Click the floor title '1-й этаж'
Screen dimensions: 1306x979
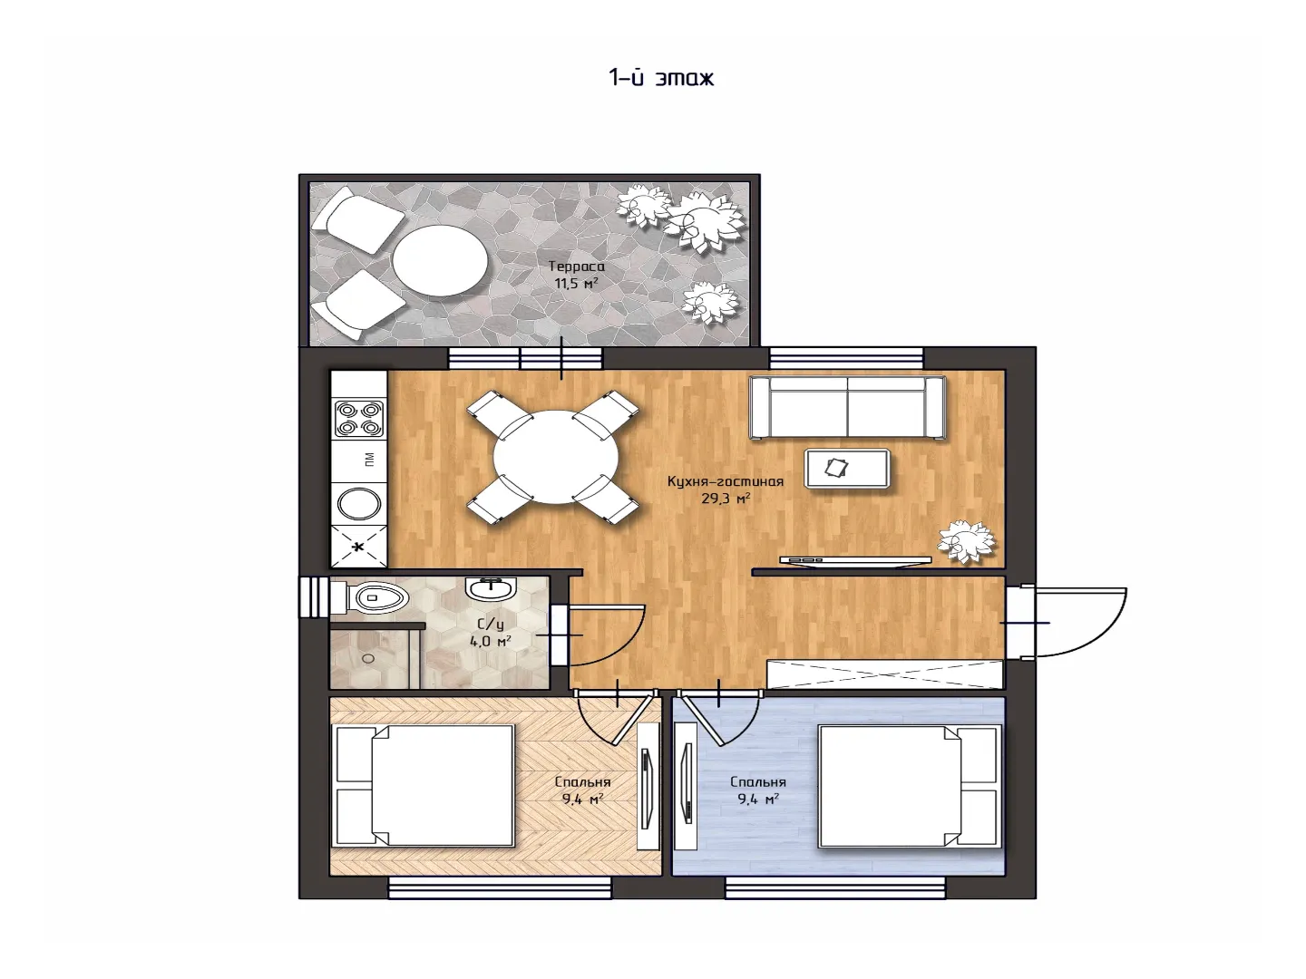click(661, 78)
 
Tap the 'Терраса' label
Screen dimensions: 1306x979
click(576, 267)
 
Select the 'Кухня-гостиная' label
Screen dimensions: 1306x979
click(726, 480)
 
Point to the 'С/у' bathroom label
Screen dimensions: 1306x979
click(491, 625)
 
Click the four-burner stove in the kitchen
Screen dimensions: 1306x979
click(359, 419)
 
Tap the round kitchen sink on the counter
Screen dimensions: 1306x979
click(359, 504)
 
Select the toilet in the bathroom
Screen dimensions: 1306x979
click(368, 596)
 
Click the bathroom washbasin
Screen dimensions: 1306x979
click(491, 589)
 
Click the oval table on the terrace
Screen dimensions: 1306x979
click(440, 260)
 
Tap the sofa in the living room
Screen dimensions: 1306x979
click(847, 407)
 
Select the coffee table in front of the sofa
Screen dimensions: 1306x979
click(847, 469)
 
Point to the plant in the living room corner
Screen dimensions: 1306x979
click(966, 540)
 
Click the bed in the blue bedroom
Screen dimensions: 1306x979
click(908, 786)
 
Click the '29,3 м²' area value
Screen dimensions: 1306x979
click(726, 499)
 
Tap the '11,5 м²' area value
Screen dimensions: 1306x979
click(576, 284)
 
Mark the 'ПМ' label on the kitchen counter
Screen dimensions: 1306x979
click(369, 460)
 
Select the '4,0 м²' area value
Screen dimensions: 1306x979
click(491, 642)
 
